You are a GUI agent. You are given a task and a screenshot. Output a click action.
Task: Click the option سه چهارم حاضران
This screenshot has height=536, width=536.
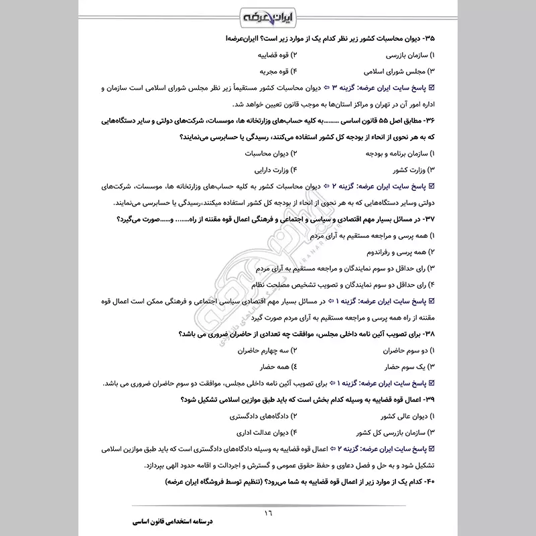[261, 350]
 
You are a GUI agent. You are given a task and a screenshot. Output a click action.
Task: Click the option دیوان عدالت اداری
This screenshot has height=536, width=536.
[256, 433]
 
